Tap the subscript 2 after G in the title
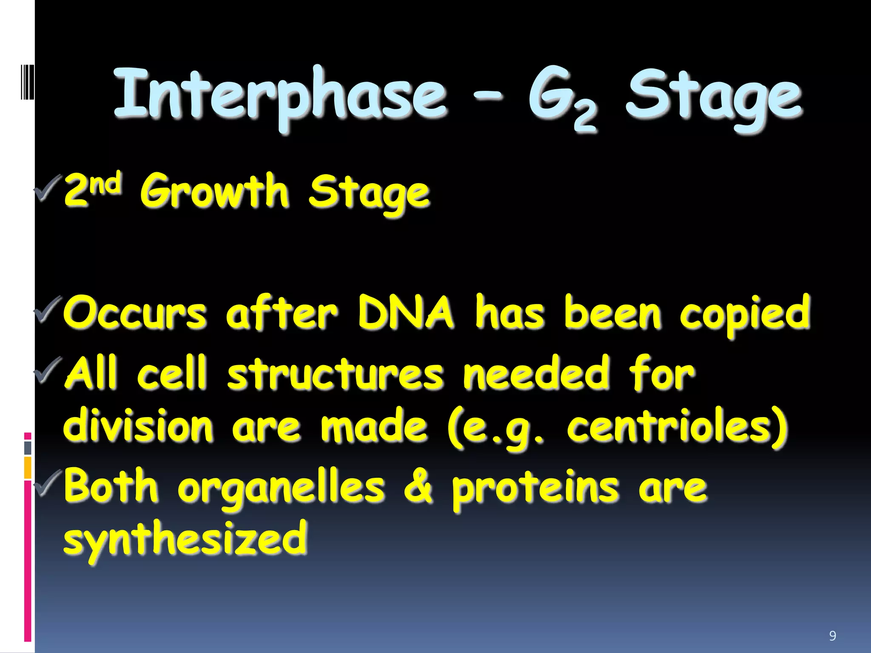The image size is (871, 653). coord(585,118)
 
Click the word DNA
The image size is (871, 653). coord(405,312)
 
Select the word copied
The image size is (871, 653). coord(744,315)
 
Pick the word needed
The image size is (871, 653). coord(536,373)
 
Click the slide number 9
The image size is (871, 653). coord(832,636)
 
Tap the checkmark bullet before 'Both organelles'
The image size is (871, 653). coord(48,483)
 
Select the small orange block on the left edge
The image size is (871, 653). coord(28,468)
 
